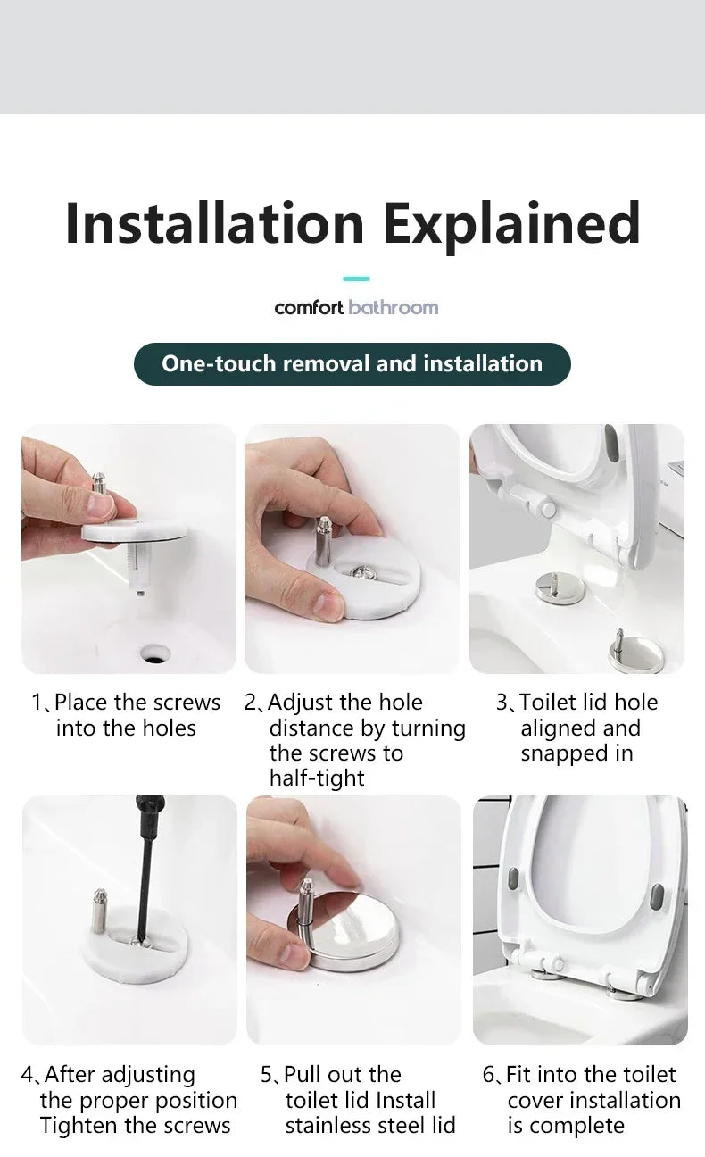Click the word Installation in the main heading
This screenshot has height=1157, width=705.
[x=214, y=224]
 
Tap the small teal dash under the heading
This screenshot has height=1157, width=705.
[x=356, y=279]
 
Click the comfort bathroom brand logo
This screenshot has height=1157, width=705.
[x=356, y=307]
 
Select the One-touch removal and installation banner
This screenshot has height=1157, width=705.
[x=352, y=364]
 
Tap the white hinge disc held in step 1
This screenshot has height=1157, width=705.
[x=134, y=529]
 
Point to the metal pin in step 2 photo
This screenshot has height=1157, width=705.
[x=323, y=541]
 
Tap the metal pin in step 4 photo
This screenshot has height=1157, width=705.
[x=101, y=911]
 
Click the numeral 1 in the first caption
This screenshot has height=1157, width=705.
[x=36, y=703]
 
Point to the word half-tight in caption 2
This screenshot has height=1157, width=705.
[x=317, y=778]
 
